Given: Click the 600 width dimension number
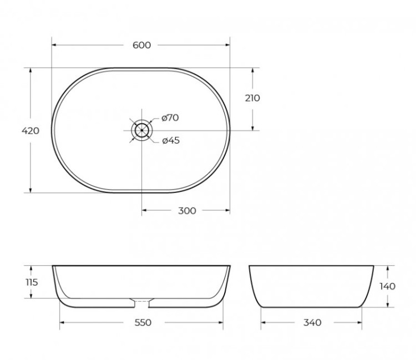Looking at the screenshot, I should (142, 45).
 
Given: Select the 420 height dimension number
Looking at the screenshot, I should (30, 131).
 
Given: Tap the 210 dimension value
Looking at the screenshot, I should (252, 98).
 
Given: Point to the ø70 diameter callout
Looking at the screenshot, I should (170, 118).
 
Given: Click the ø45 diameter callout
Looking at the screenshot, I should (171, 140).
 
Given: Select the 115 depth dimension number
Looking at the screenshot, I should (32, 282).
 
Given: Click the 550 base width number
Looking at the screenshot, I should (142, 322).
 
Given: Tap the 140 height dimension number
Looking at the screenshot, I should (388, 286).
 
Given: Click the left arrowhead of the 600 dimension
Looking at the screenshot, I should (54, 45).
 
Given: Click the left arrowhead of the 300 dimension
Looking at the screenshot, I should (145, 210).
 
